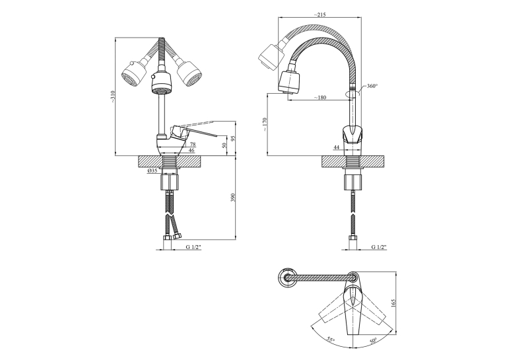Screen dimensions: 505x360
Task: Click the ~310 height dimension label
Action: (112, 96)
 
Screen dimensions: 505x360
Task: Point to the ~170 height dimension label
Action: (265, 124)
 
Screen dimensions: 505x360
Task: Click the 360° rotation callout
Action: (372, 86)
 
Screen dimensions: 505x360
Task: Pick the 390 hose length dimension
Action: (233, 198)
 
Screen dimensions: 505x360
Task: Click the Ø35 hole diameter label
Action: (152, 171)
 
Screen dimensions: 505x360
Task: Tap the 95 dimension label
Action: (233, 138)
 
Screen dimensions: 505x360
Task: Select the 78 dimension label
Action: (193, 145)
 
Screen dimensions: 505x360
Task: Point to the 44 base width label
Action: (337, 147)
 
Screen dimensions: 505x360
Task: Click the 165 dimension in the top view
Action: (393, 303)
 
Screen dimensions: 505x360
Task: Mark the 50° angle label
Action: (373, 341)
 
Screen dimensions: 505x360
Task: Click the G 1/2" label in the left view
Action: (193, 247)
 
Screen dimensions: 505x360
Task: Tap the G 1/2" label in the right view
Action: (379, 247)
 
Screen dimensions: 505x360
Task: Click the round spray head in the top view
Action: (286, 277)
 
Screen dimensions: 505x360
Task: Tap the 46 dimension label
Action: (191, 150)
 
